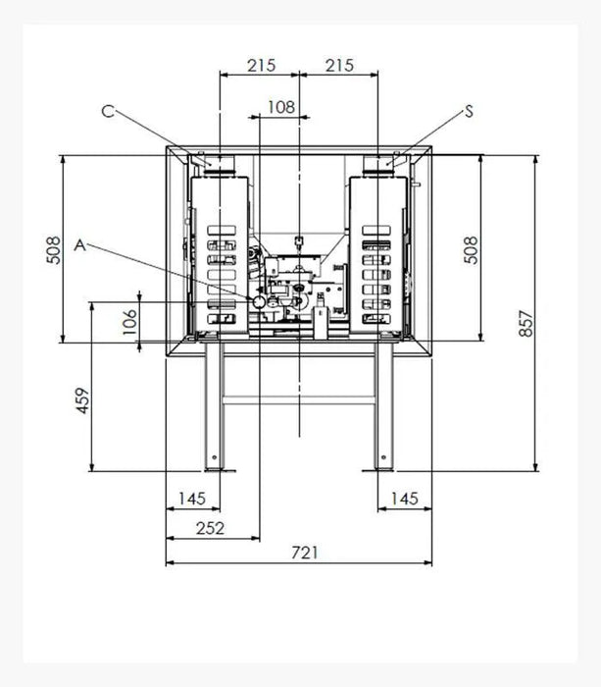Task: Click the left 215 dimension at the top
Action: click(x=260, y=66)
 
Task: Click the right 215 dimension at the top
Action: click(x=338, y=66)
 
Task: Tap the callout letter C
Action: click(x=109, y=111)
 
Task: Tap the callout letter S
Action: click(x=469, y=111)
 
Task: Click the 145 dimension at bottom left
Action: click(x=192, y=499)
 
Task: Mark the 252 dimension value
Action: click(x=210, y=528)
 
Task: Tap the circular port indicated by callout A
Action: click(x=259, y=303)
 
